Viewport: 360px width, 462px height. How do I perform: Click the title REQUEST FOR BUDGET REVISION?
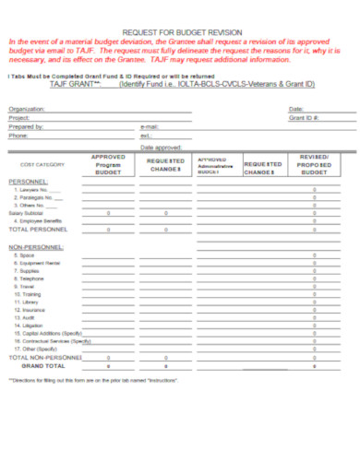(179, 30)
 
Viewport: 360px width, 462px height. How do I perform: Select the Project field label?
(18, 118)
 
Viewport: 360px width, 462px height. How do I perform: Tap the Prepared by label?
(25, 126)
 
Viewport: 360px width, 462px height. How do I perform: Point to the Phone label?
(18, 136)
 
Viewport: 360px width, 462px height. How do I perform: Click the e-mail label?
(150, 126)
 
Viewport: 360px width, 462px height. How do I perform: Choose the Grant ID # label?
(304, 118)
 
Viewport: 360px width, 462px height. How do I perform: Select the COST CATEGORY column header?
(40, 165)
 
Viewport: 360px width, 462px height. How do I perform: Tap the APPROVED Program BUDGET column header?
(108, 164)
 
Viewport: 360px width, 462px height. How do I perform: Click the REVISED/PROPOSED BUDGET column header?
(314, 164)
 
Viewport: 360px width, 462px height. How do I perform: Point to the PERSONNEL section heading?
(28, 183)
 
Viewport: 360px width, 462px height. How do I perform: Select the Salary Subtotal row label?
(28, 213)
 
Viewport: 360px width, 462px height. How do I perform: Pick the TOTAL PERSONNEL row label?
(38, 229)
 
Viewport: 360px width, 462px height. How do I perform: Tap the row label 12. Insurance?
(29, 311)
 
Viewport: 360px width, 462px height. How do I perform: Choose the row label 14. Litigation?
(29, 326)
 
